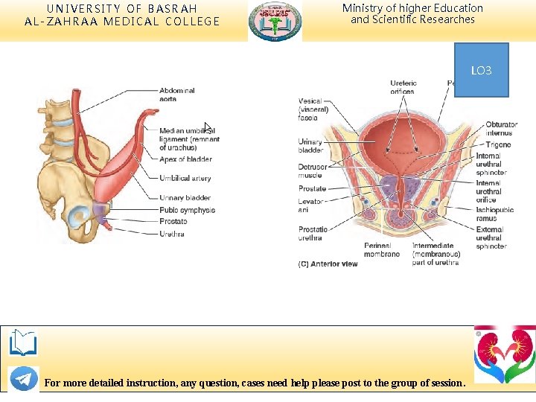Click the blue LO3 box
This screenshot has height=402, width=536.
[481, 70]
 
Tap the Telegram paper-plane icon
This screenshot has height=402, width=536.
[23, 379]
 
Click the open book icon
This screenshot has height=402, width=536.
[23, 343]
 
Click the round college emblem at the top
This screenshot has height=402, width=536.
[275, 21]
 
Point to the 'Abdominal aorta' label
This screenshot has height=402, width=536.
[177, 95]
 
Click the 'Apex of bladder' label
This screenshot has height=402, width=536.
[185, 159]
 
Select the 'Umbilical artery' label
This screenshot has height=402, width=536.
[185, 179]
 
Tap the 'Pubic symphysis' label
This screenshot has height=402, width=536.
[187, 210]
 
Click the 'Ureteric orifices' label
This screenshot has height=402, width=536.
[403, 87]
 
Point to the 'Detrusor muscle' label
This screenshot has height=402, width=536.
[310, 172]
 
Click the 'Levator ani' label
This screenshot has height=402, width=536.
[310, 205]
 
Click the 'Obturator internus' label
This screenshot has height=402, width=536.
[501, 129]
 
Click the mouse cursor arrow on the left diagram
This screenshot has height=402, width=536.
[208, 127]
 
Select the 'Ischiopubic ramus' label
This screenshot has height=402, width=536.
[493, 214]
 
